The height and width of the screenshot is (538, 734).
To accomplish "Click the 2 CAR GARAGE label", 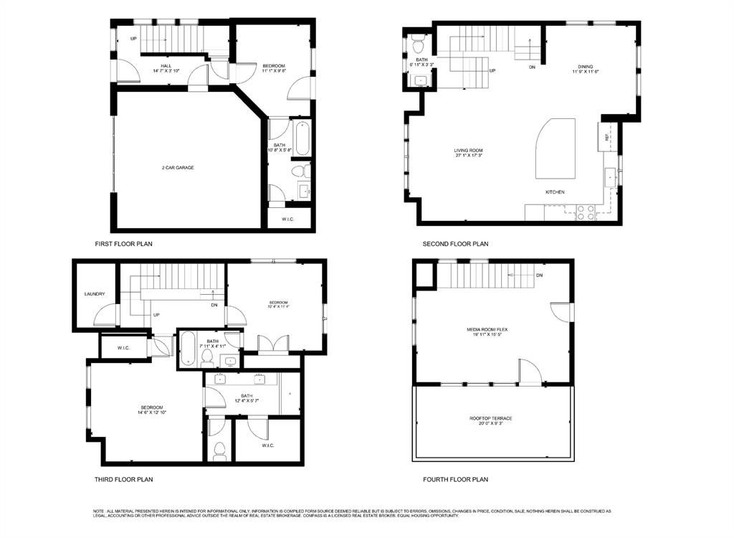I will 178,168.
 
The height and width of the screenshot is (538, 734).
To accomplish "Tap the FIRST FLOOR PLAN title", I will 123,244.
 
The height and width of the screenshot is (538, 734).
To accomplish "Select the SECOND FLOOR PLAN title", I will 455,244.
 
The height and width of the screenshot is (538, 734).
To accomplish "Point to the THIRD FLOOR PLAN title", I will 123,479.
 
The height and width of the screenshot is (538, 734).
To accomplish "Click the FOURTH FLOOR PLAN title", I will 455,479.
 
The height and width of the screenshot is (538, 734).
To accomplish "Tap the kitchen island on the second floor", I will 556,149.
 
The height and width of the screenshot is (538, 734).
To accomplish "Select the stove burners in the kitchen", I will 585,212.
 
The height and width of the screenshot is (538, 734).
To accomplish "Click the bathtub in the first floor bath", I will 302,138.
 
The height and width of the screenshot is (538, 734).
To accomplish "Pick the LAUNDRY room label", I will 95,294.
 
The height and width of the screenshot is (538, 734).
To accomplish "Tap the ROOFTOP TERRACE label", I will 491,418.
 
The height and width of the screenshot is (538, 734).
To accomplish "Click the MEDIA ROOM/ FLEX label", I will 491,330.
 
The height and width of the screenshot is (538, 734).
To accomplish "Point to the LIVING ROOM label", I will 468,151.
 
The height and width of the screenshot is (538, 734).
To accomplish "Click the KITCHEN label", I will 556,192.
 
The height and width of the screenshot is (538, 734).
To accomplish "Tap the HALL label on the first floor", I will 166,66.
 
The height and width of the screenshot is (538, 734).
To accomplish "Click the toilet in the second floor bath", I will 418,46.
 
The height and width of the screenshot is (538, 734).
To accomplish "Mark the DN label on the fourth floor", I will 539,275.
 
